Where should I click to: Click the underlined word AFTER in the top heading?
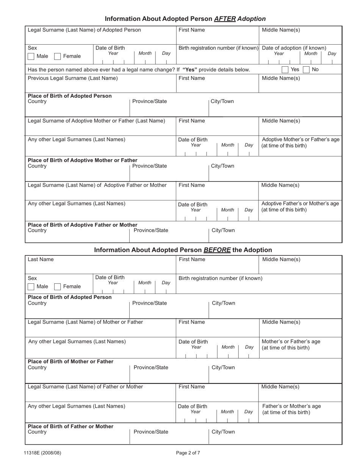click(225, 19)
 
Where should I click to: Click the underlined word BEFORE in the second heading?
click(217, 250)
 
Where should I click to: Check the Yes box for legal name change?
click(285, 70)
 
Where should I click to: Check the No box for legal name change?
click(306, 70)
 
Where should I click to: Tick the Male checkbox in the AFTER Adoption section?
click(31, 56)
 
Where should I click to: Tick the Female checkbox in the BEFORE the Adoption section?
click(58, 287)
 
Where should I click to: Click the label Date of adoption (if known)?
click(294, 48)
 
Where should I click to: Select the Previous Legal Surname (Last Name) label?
click(73, 78)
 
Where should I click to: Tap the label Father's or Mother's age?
click(291, 406)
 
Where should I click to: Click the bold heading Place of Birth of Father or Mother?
click(70, 426)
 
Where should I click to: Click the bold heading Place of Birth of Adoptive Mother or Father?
click(83, 160)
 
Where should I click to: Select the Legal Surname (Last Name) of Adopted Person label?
click(84, 30)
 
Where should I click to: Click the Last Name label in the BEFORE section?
click(41, 260)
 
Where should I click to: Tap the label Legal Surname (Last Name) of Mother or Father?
click(85, 322)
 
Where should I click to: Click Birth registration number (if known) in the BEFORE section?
click(220, 278)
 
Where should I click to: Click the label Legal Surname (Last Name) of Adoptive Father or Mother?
click(97, 185)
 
